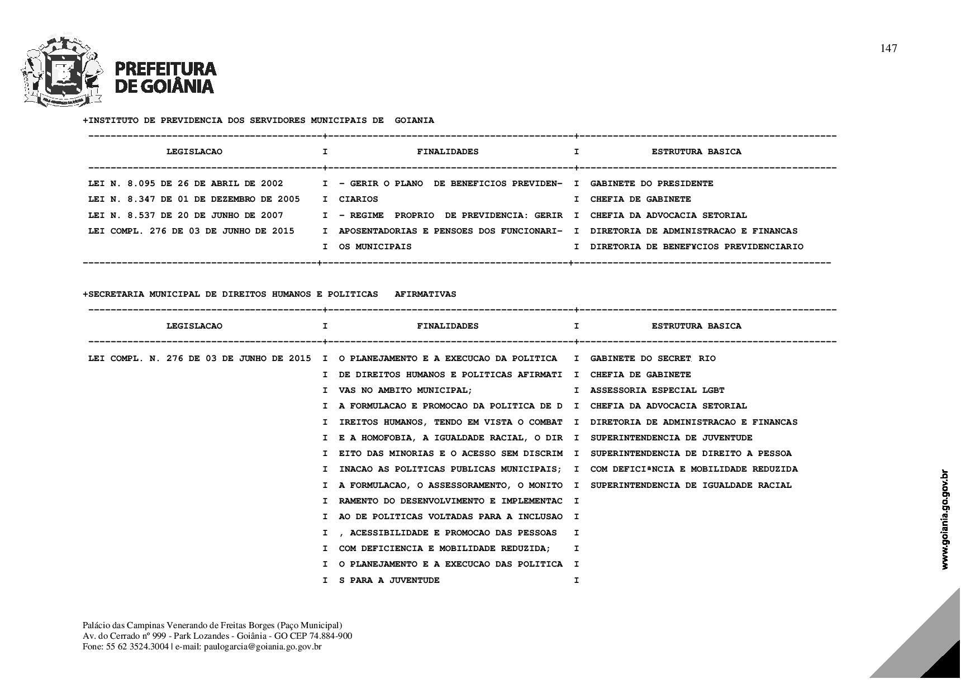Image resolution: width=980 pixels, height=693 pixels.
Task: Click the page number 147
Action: click(x=888, y=49)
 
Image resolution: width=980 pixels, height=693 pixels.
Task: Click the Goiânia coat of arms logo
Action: click(x=63, y=72)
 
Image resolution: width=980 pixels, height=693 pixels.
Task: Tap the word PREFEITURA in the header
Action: click(x=165, y=69)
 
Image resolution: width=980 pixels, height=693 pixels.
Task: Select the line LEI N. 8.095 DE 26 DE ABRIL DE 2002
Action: click(x=185, y=184)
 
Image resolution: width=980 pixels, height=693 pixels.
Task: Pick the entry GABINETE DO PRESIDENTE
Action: click(x=651, y=184)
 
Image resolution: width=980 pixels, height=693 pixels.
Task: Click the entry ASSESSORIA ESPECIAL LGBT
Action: click(x=657, y=391)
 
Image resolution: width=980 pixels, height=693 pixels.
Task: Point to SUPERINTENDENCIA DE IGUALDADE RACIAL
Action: click(x=691, y=486)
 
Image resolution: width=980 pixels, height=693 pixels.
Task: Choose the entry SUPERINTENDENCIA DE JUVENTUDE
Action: click(x=671, y=438)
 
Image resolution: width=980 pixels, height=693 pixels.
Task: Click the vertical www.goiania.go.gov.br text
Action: click(x=945, y=519)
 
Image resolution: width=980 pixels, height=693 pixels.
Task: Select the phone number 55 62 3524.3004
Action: click(x=137, y=647)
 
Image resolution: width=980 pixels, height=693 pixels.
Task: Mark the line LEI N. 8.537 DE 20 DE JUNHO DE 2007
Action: click(x=185, y=216)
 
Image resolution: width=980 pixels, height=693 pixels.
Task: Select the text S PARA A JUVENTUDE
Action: click(x=389, y=581)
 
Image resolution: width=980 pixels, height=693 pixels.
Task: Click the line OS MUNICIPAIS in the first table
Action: click(x=375, y=247)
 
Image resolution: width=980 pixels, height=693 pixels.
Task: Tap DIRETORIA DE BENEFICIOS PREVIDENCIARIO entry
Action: click(x=696, y=247)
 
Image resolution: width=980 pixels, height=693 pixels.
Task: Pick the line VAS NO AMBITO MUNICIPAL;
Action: click(x=406, y=391)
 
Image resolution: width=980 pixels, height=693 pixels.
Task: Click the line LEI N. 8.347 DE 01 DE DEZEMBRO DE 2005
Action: click(x=194, y=200)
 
